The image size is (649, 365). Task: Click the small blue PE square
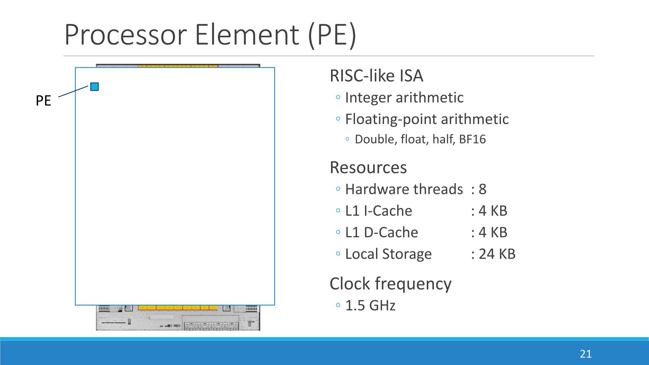95,87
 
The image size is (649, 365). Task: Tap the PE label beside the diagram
43,101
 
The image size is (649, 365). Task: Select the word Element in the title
247,35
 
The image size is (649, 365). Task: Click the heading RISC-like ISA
376,76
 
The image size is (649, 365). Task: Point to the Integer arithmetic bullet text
404,98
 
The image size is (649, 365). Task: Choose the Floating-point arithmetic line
427,119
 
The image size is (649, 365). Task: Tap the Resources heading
368,167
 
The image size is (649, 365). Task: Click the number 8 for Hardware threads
482,189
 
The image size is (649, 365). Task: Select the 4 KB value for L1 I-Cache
493,211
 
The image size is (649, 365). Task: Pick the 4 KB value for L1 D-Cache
493,232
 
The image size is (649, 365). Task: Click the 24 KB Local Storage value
497,254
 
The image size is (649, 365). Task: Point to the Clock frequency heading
391,284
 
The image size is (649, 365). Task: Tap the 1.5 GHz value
370,305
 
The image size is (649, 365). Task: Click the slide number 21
586,354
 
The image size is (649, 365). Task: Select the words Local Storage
388,254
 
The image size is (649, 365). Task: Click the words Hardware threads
404,189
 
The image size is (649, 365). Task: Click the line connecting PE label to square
73,91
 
